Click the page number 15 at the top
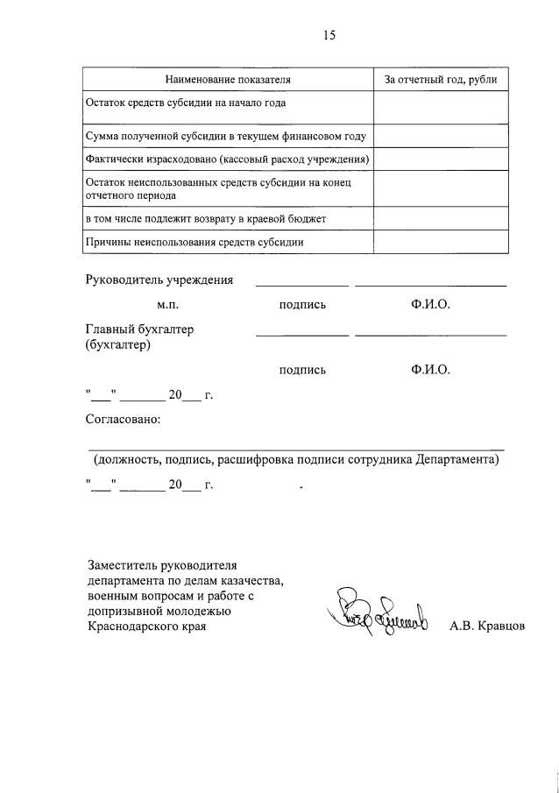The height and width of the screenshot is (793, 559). [329, 35]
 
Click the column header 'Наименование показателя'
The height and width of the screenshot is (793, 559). [229, 80]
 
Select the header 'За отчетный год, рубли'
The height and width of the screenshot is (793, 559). [441, 80]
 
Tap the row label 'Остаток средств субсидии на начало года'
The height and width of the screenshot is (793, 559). [186, 103]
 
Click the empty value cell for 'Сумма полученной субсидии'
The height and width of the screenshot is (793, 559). [441, 137]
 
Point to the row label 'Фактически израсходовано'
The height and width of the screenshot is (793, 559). [227, 159]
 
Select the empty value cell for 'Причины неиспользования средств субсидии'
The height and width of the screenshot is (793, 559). [441, 242]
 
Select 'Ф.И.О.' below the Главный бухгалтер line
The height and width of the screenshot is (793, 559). [429, 370]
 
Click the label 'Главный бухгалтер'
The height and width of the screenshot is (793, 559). [139, 329]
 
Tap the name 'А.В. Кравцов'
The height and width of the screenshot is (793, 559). [487, 627]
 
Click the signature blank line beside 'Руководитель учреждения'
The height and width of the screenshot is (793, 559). [301, 286]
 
